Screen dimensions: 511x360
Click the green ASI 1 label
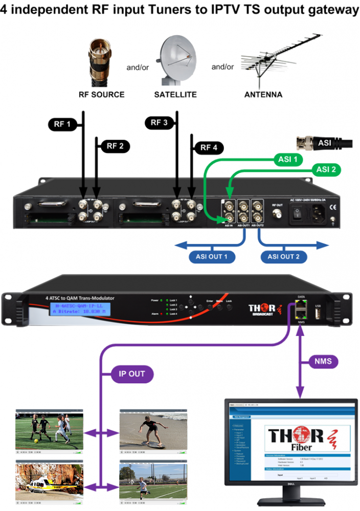[x=286, y=159]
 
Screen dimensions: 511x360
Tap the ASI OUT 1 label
[x=212, y=257]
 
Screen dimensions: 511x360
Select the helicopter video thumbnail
[x=49, y=483]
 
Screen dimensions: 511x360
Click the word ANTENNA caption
[x=263, y=95]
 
